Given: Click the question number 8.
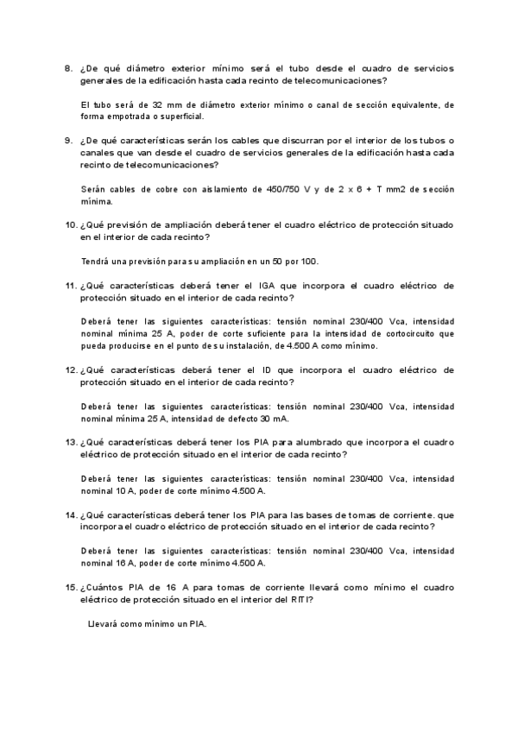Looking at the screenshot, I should point(67,68).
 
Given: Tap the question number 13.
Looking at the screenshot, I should point(70,440).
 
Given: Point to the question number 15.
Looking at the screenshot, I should point(70,586).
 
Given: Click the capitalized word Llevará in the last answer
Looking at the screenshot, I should point(106,623).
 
